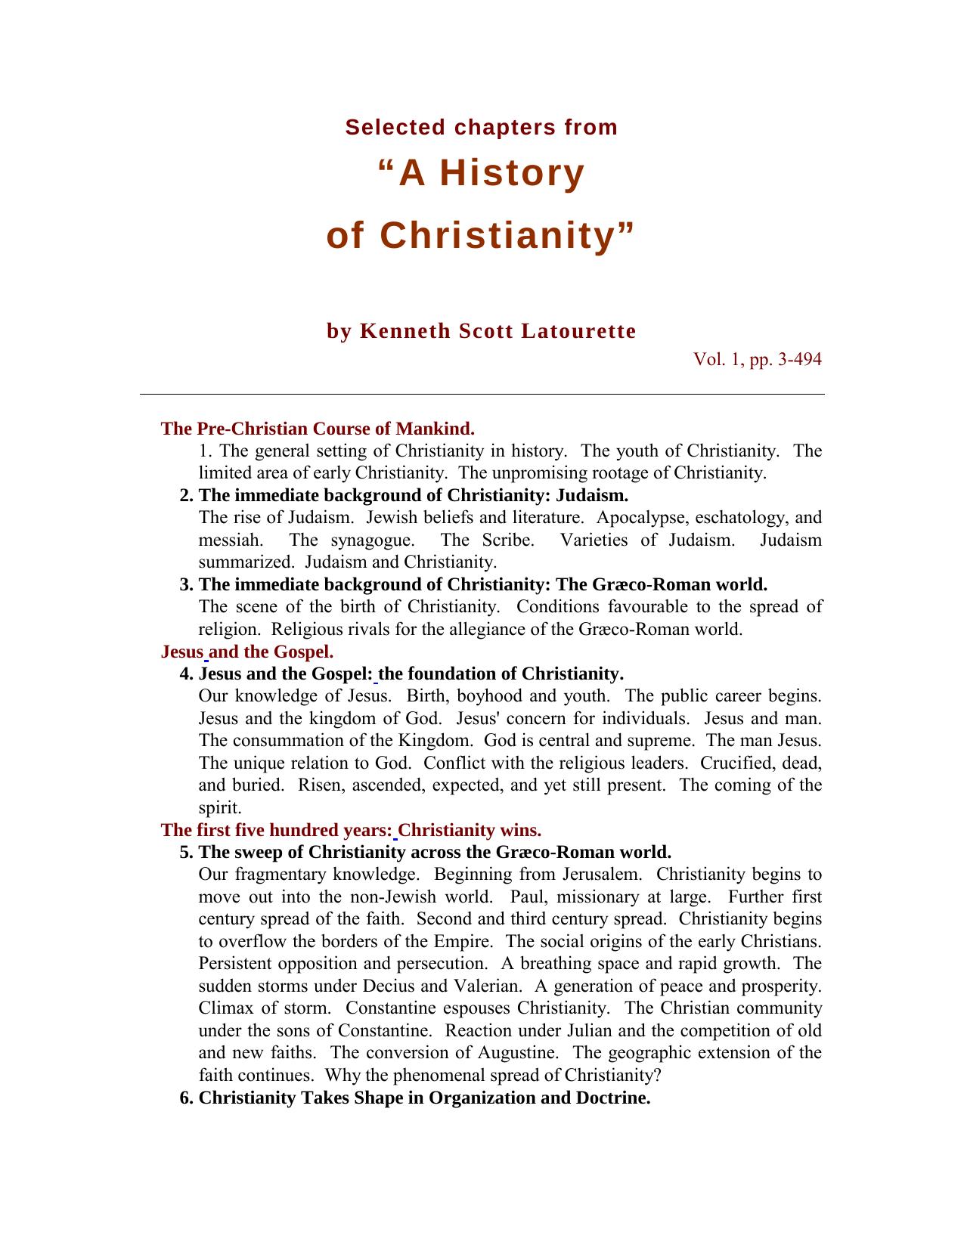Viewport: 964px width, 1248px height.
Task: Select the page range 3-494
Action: (x=799, y=360)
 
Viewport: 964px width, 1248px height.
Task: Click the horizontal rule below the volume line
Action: (x=482, y=394)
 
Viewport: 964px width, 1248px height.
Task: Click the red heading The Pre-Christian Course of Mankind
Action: (x=318, y=429)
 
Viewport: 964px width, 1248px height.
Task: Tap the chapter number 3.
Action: (x=185, y=584)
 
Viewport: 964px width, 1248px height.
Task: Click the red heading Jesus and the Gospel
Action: (x=247, y=652)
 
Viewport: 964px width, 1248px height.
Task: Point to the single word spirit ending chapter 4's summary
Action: (x=219, y=807)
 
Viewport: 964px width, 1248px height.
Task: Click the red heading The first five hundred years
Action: (x=276, y=830)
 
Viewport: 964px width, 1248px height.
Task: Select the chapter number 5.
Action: (x=185, y=852)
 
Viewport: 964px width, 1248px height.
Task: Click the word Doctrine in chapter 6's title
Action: (x=613, y=1098)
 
